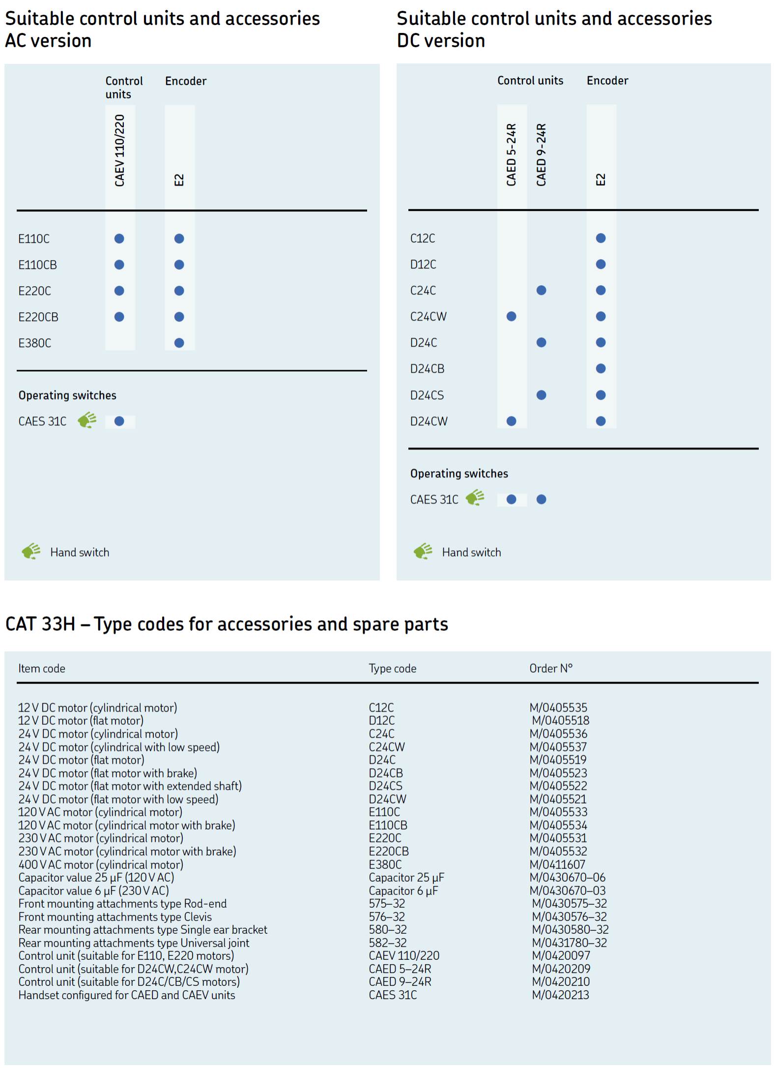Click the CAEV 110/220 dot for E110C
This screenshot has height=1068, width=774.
point(119,238)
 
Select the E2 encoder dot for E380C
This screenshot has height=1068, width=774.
point(179,343)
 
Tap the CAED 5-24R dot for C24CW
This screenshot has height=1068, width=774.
point(511,316)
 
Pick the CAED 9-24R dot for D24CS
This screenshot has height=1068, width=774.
point(541,395)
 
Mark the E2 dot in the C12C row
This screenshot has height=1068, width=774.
point(601,238)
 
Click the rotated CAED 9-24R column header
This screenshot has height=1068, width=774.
point(541,154)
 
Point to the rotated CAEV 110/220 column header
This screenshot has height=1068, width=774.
point(119,150)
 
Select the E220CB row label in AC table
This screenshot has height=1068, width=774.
point(38,317)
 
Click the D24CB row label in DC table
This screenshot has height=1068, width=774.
point(427,369)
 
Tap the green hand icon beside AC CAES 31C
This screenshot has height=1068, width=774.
point(87,420)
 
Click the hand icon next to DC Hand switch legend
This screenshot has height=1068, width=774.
point(423,551)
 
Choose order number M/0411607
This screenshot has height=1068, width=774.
point(557,864)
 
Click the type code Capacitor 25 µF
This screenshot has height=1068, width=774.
point(406,878)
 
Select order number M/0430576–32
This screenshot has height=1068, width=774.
point(569,917)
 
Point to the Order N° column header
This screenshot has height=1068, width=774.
point(551,668)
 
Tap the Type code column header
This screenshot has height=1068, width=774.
point(392,668)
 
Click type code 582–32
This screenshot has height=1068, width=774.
point(388,943)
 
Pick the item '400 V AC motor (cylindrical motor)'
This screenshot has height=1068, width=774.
point(101,864)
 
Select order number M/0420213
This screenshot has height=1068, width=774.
point(560,995)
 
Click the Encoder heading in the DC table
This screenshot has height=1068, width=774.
point(607,81)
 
